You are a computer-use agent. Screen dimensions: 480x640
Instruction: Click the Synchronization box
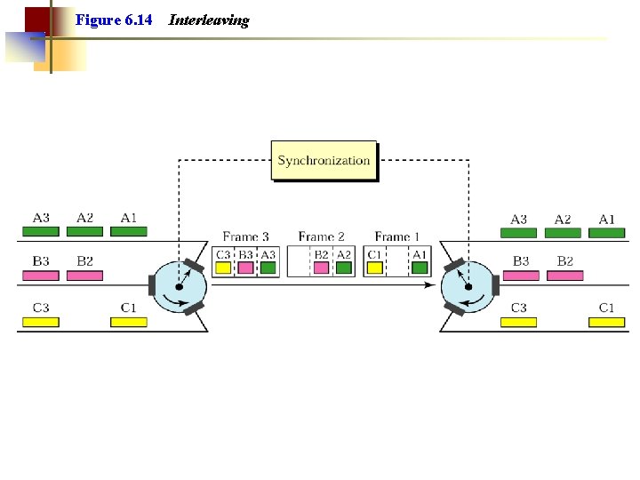(324, 161)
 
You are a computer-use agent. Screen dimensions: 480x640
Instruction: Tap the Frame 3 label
(245, 236)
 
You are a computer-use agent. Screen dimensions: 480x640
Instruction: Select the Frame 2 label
(321, 236)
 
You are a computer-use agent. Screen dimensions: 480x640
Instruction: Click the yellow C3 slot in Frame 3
(223, 267)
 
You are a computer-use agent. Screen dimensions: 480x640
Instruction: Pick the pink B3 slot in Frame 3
(245, 267)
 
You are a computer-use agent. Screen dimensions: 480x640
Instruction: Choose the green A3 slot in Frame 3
(268, 267)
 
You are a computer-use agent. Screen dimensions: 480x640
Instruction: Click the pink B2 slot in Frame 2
(322, 267)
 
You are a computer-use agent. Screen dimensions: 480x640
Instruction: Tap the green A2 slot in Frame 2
(344, 267)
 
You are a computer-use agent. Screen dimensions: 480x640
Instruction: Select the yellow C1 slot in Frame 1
(375, 267)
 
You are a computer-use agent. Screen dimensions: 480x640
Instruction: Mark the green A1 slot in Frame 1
(420, 267)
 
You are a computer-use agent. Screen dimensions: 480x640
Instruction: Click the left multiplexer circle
(179, 287)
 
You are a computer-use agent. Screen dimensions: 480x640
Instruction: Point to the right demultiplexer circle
(468, 286)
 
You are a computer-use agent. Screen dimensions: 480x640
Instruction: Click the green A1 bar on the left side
(129, 232)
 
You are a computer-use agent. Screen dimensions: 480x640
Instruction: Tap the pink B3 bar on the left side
(41, 276)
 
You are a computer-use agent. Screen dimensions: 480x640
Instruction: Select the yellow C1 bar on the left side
(129, 322)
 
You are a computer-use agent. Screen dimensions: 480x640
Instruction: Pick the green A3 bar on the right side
(518, 233)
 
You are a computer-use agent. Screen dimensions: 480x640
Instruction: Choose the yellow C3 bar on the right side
(518, 322)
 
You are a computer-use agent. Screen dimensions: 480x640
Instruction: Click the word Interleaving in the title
(209, 20)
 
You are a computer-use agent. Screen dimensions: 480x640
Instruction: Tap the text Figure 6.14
(114, 20)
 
